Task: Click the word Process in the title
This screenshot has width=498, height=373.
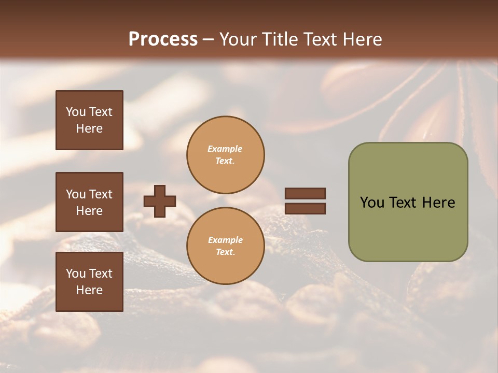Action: pyautogui.click(x=163, y=39)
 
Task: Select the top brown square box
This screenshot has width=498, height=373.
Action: pyautogui.click(x=89, y=120)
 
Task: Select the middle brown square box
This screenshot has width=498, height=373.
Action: pyautogui.click(x=89, y=202)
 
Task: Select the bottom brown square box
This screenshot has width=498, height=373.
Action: pyautogui.click(x=89, y=281)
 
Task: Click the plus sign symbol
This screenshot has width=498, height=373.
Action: pyautogui.click(x=160, y=201)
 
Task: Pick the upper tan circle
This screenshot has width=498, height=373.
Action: pyautogui.click(x=225, y=155)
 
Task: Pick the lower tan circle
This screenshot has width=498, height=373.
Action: pyautogui.click(x=225, y=246)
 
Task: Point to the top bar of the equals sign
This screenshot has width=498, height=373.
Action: pyautogui.click(x=305, y=193)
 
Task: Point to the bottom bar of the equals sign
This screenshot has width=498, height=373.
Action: pyautogui.click(x=305, y=208)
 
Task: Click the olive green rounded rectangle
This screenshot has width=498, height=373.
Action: pyautogui.click(x=408, y=228)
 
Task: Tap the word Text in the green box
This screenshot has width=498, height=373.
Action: pyautogui.click(x=403, y=203)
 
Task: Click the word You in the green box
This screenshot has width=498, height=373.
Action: pyautogui.click(x=372, y=203)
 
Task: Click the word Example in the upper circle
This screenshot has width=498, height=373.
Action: pyautogui.click(x=225, y=149)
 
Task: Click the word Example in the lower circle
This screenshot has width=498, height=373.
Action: pyautogui.click(x=225, y=240)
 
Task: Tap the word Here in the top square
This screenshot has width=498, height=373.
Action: pyautogui.click(x=89, y=128)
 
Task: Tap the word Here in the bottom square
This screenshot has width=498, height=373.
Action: pyautogui.click(x=89, y=290)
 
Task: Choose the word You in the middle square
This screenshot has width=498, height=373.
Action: pyautogui.click(x=76, y=194)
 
